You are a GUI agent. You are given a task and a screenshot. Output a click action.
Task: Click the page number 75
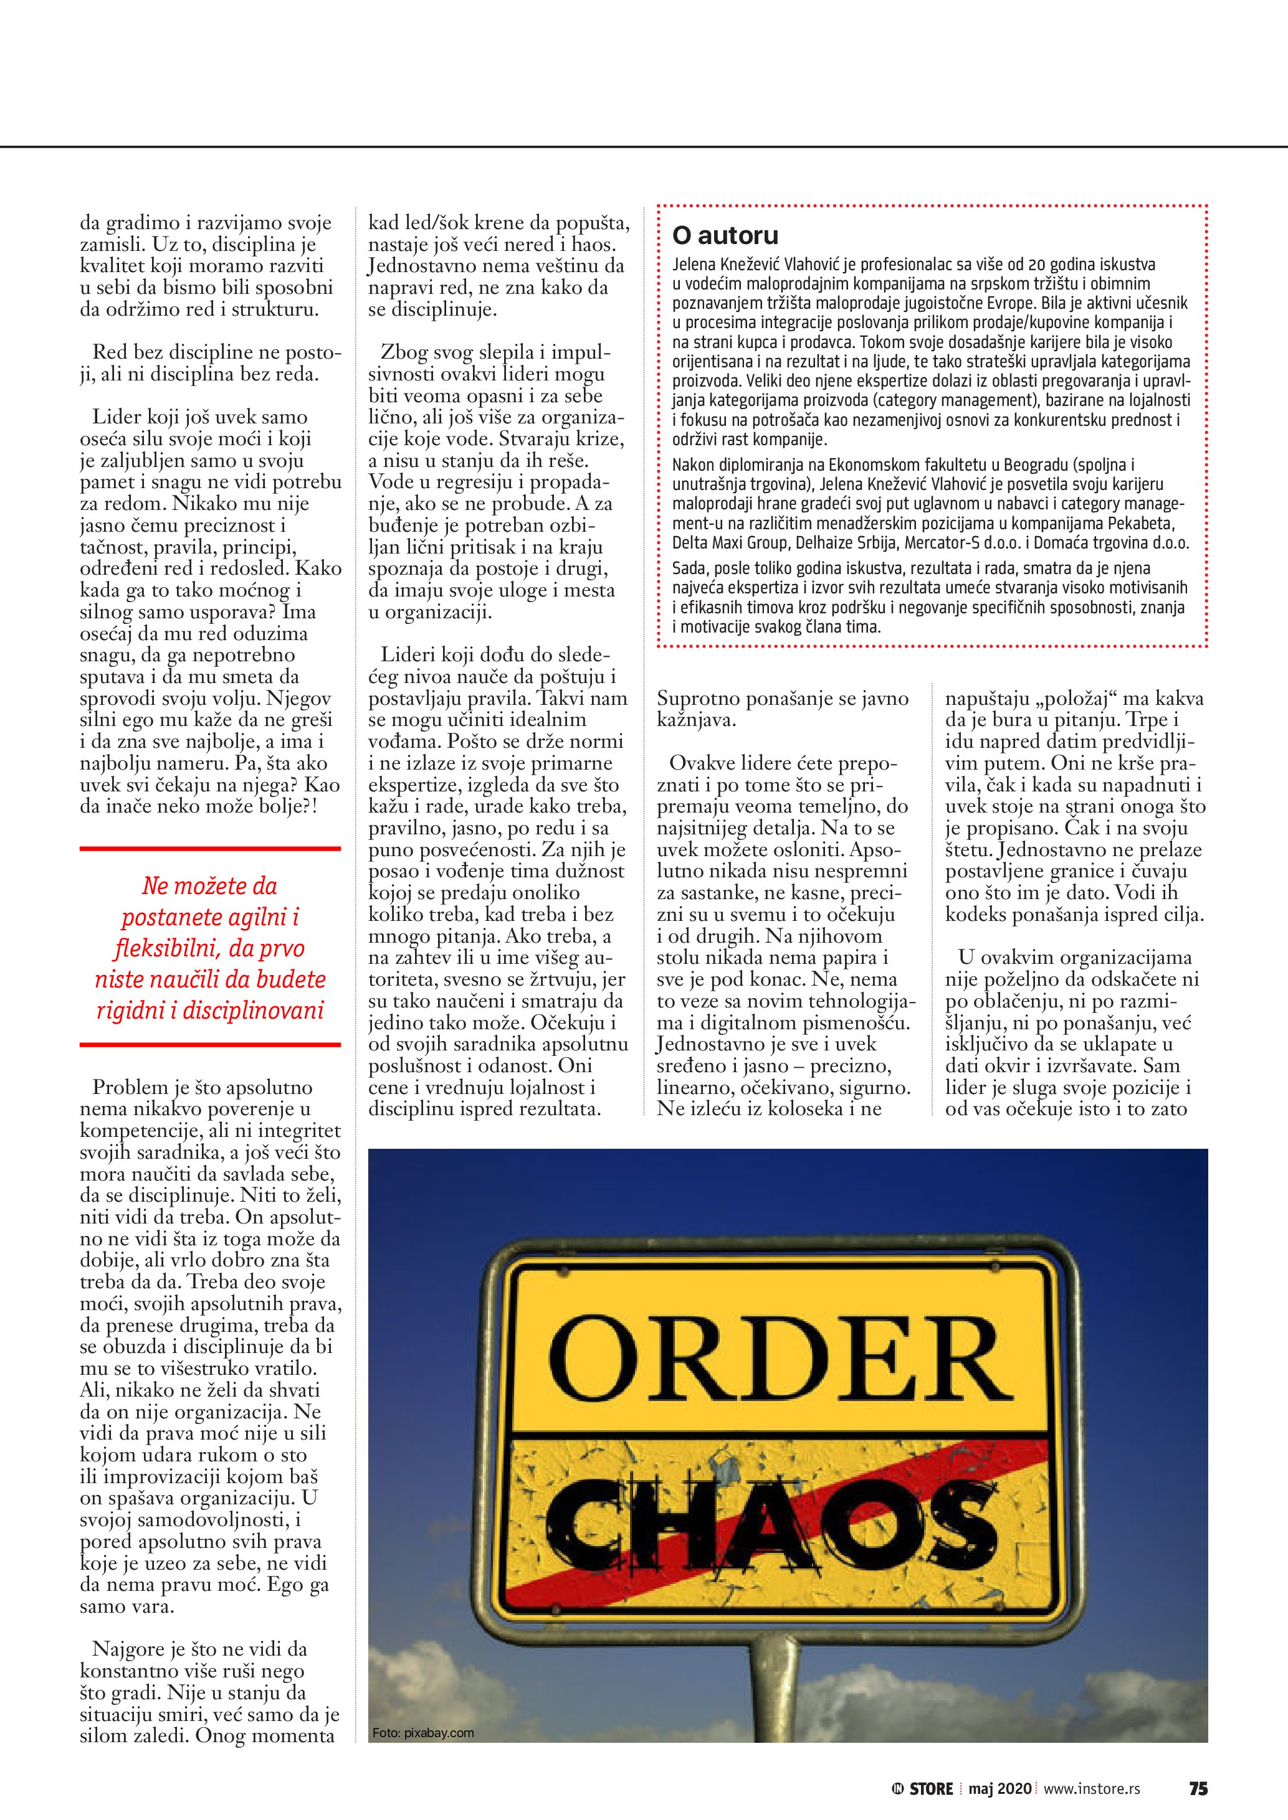tap(1198, 1788)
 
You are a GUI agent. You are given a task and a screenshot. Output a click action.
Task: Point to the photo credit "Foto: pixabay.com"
tap(422, 1733)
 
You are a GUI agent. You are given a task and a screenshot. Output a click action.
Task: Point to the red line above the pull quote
tap(210, 848)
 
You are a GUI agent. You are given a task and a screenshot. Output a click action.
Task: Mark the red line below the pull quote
tap(210, 1045)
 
